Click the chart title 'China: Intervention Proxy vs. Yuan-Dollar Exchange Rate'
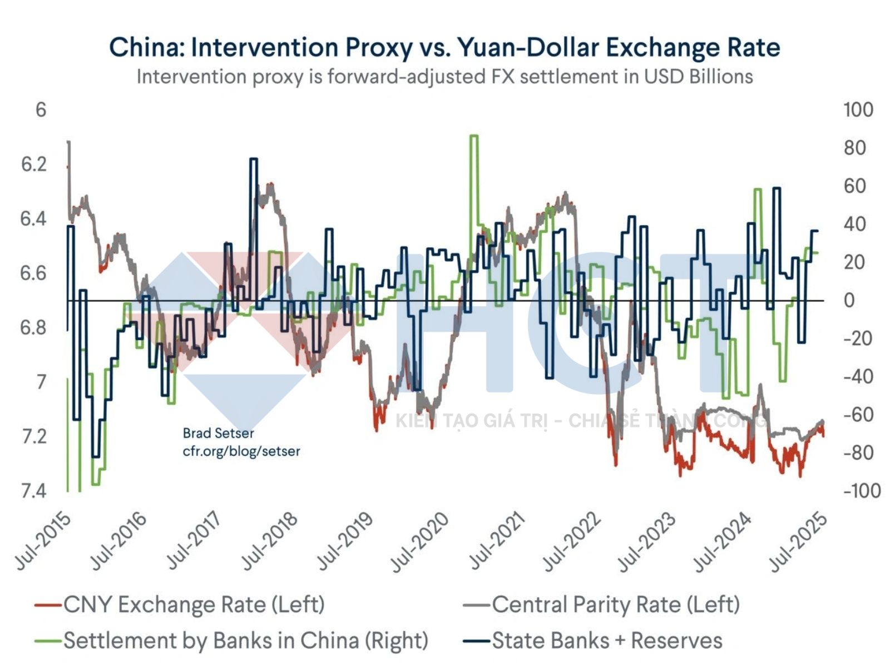coord(444,47)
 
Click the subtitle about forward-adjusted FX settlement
coord(444,77)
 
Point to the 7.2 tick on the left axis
coord(34,437)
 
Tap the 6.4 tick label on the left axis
coord(34,219)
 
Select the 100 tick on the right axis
coord(858,110)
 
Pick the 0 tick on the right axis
coord(849,301)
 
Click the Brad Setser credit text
coord(218,433)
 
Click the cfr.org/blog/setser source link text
coord(241,451)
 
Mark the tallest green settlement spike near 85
coord(473,137)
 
